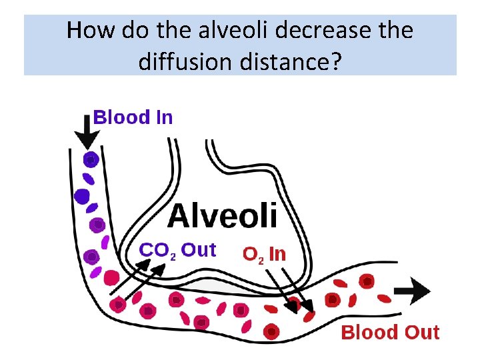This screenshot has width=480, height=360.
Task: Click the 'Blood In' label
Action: pyautogui.click(x=133, y=118)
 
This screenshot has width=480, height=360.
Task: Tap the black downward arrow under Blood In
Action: pyautogui.click(x=87, y=134)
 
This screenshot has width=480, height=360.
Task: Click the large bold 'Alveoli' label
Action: pyautogui.click(x=222, y=216)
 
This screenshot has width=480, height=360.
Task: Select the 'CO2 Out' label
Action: pyautogui.click(x=177, y=251)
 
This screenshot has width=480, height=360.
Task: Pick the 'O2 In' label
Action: pyautogui.click(x=264, y=254)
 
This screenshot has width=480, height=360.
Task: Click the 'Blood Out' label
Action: pyautogui.click(x=390, y=333)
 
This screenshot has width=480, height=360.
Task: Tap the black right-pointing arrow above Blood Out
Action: pyautogui.click(x=413, y=291)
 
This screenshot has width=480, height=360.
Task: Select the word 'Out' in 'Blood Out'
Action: pyautogui.click(x=420, y=333)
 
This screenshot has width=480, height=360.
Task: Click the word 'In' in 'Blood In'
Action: pyautogui.click(x=164, y=118)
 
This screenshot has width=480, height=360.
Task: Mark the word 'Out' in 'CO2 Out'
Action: pyautogui.click(x=199, y=250)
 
